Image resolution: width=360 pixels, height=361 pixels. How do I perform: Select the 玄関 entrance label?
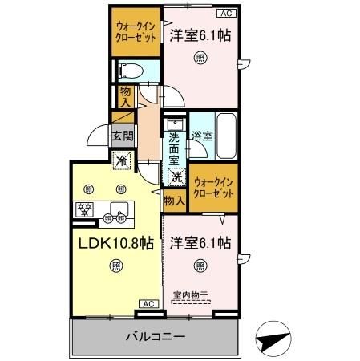(x=123, y=137)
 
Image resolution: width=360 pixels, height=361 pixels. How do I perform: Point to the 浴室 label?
(x=202, y=136)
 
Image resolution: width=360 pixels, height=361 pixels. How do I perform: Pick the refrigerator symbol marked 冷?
(x=121, y=160)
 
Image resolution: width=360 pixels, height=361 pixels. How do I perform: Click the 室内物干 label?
(x=191, y=295)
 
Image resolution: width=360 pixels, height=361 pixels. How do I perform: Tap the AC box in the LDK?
(x=148, y=303)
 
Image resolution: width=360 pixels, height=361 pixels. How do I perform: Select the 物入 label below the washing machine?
(x=174, y=200)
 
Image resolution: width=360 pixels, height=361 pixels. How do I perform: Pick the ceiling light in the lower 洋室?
(x=200, y=267)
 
